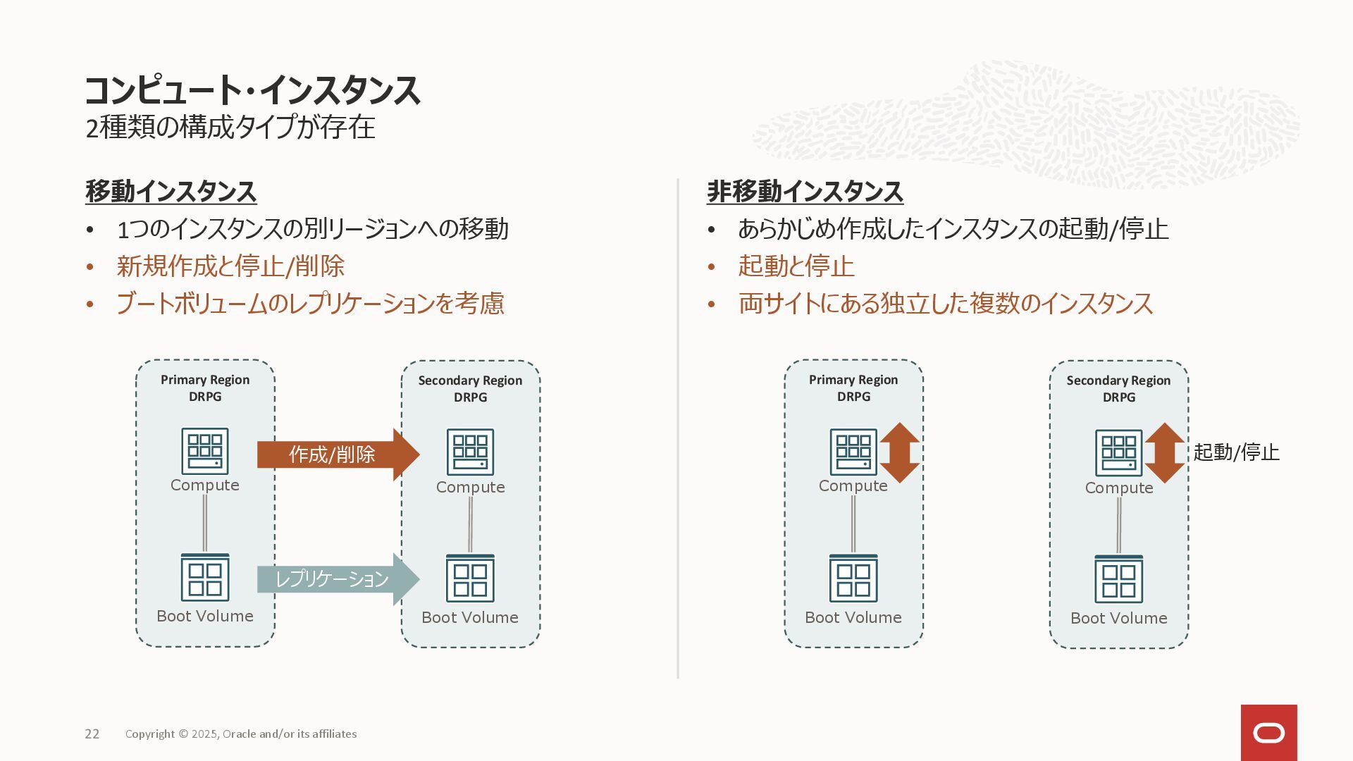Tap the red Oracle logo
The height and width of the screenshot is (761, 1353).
pyautogui.click(x=1268, y=733)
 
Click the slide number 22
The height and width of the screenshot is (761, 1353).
pyautogui.click(x=92, y=734)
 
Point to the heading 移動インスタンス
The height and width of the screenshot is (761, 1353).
pyautogui.click(x=171, y=192)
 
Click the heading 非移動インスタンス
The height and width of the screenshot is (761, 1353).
pyautogui.click(x=805, y=192)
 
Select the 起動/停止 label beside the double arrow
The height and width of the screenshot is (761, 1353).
pyautogui.click(x=1236, y=452)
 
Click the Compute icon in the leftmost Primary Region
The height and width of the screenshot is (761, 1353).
pyautogui.click(x=205, y=451)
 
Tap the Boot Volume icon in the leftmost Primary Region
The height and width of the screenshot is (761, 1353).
pyautogui.click(x=205, y=577)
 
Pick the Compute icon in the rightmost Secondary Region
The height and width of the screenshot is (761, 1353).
pyautogui.click(x=1118, y=452)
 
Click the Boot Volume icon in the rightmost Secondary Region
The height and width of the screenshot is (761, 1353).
pyautogui.click(x=1118, y=579)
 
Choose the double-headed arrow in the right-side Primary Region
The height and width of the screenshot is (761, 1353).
pyautogui.click(x=899, y=452)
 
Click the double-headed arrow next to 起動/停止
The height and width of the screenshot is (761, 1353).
pyautogui.click(x=1165, y=452)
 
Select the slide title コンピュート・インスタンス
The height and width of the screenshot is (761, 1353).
pyautogui.click(x=252, y=90)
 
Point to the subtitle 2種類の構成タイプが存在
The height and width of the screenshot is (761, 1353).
pyautogui.click(x=230, y=128)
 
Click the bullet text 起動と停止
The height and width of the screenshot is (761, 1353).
pyautogui.click(x=796, y=266)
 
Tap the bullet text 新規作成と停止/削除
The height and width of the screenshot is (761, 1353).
pyautogui.click(x=230, y=266)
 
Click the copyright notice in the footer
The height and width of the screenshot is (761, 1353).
pyautogui.click(x=241, y=734)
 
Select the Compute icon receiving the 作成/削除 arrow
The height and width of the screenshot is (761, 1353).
pyautogui.click(x=470, y=452)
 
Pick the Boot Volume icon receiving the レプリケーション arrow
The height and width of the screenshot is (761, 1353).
pyautogui.click(x=470, y=579)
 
